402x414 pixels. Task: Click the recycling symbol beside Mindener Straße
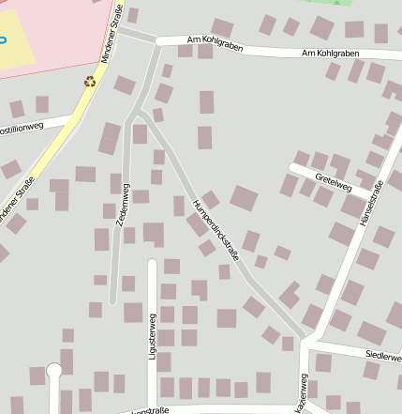[x=90, y=82]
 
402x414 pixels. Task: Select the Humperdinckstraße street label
[x=216, y=230]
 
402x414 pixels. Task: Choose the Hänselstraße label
[x=371, y=211]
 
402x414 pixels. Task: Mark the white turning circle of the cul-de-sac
[x=53, y=369]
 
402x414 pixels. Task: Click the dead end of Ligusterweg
[x=152, y=260]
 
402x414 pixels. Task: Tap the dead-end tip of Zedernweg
[x=112, y=301]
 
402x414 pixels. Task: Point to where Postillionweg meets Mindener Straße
[x=73, y=117]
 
